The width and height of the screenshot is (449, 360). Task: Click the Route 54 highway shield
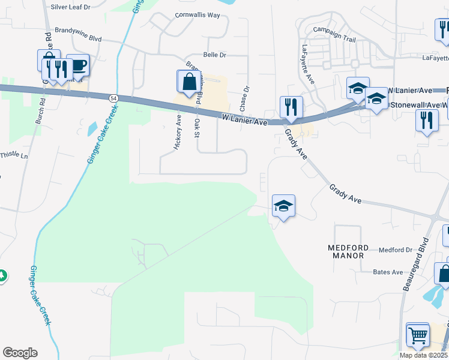tap(113, 97)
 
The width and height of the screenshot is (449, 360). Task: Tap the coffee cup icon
tap(78, 64)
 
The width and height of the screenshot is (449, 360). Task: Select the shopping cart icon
tap(418, 334)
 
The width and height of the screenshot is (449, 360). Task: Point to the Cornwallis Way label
tap(197, 15)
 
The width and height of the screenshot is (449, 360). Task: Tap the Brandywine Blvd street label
tap(78, 33)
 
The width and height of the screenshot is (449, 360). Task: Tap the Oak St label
tap(197, 128)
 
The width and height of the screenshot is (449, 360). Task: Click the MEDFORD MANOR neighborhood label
tap(346, 251)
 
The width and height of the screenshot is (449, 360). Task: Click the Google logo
tap(20, 353)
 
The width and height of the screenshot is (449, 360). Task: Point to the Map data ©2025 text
tap(423, 355)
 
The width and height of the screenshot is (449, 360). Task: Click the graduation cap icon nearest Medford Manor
tap(283, 206)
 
